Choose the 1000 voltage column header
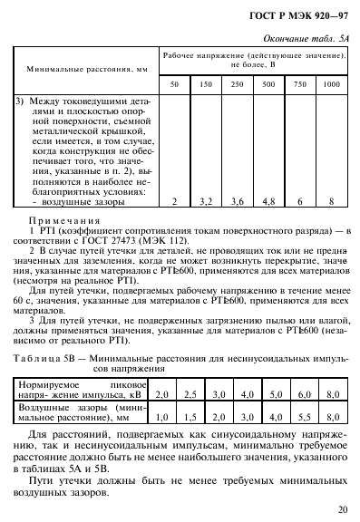pos(331,83)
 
